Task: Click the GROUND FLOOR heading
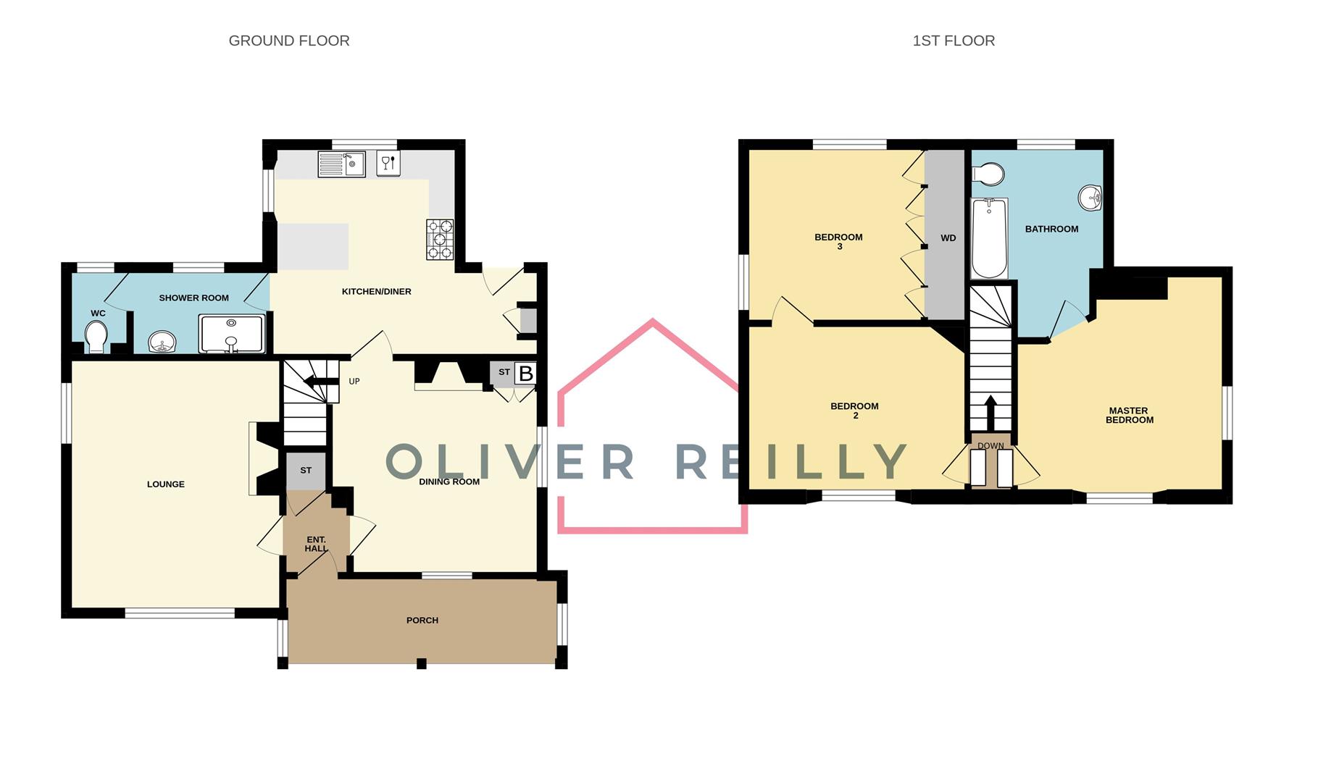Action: pos(288,41)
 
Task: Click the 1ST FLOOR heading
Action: pos(953,41)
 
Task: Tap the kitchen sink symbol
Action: pos(341,164)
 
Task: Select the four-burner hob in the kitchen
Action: pos(439,240)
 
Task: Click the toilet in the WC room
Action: pos(96,337)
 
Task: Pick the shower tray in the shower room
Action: pos(232,334)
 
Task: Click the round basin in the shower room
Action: pos(162,341)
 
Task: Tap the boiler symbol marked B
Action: pos(525,374)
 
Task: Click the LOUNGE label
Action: pos(166,484)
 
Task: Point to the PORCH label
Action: pos(422,621)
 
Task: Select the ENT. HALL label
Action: pos(316,545)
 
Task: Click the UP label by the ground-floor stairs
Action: pos(354,382)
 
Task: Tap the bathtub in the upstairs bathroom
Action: pos(989,238)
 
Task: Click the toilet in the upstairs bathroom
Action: pos(987,174)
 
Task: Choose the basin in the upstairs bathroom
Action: pos(1090,198)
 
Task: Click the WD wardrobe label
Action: pos(948,238)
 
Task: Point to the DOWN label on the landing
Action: pos(990,446)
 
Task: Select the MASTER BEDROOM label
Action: pos(1129,416)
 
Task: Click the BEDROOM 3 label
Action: pos(838,242)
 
